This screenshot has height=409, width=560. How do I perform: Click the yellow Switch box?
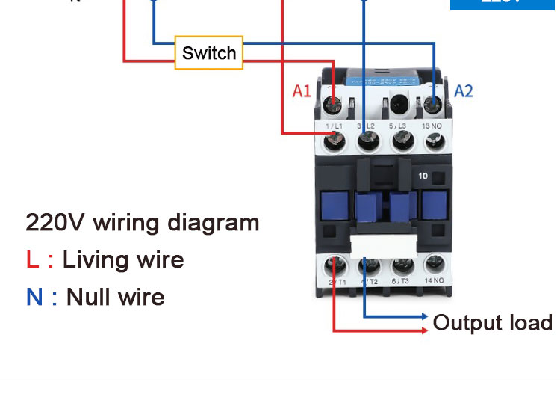click(209, 52)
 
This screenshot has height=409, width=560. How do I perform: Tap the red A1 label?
click(301, 91)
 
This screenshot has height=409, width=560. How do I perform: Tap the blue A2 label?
click(464, 91)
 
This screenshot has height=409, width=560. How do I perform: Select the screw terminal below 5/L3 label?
click(400, 141)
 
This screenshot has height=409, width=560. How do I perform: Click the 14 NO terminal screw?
click(434, 265)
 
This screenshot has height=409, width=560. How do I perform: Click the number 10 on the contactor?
click(423, 177)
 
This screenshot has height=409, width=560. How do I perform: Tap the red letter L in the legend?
click(32, 259)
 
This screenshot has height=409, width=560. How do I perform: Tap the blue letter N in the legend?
click(34, 297)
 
